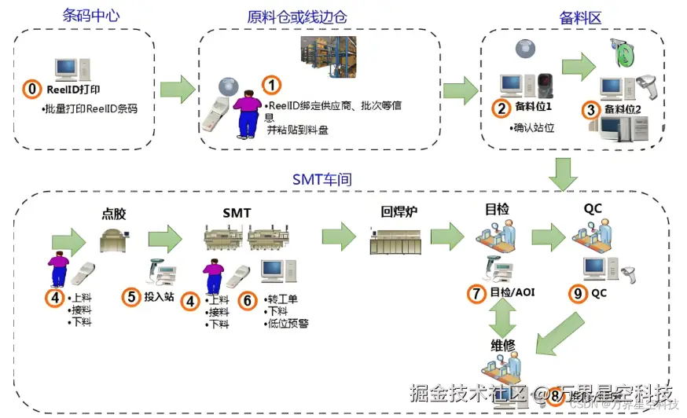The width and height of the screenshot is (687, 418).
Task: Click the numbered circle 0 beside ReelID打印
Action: [31, 90]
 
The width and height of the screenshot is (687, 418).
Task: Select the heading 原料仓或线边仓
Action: [296, 16]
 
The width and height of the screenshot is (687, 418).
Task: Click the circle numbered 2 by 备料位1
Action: [501, 108]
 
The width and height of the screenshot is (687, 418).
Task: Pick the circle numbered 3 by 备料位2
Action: [590, 109]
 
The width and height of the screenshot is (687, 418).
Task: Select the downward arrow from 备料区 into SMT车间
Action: [563, 173]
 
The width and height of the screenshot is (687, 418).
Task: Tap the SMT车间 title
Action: [321, 180]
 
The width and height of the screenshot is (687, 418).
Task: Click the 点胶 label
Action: [114, 213]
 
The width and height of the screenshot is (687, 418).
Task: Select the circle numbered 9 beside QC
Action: [578, 294]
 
